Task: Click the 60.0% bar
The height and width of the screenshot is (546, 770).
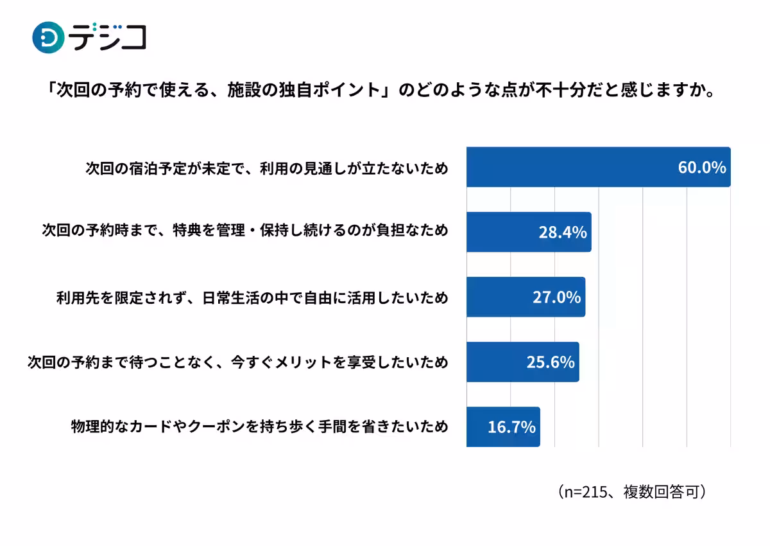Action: click(599, 167)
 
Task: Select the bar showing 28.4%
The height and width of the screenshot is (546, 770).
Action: click(529, 232)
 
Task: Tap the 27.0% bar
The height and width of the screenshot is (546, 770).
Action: click(526, 297)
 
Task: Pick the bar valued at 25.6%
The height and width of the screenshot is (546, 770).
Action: click(523, 362)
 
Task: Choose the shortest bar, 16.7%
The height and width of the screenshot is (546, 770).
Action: click(503, 427)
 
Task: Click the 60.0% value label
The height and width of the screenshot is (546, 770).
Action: click(702, 168)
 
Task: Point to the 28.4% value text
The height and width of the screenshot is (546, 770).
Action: click(563, 233)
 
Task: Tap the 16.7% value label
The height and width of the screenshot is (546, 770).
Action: click(511, 427)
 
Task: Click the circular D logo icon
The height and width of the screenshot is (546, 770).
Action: click(48, 37)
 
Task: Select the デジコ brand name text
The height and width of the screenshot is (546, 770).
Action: click(108, 37)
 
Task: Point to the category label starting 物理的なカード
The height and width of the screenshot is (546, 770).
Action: click(259, 427)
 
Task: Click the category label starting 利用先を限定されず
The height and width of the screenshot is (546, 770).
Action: click(252, 297)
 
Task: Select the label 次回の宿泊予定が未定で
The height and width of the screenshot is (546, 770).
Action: click(267, 168)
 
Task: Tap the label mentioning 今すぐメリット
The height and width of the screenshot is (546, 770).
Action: click(238, 362)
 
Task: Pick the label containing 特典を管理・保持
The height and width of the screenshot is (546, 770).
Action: click(245, 230)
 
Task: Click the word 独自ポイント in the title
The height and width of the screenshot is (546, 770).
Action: click(329, 90)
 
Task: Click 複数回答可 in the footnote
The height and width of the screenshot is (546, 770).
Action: click(661, 491)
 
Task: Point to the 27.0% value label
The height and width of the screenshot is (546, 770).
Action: click(557, 297)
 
